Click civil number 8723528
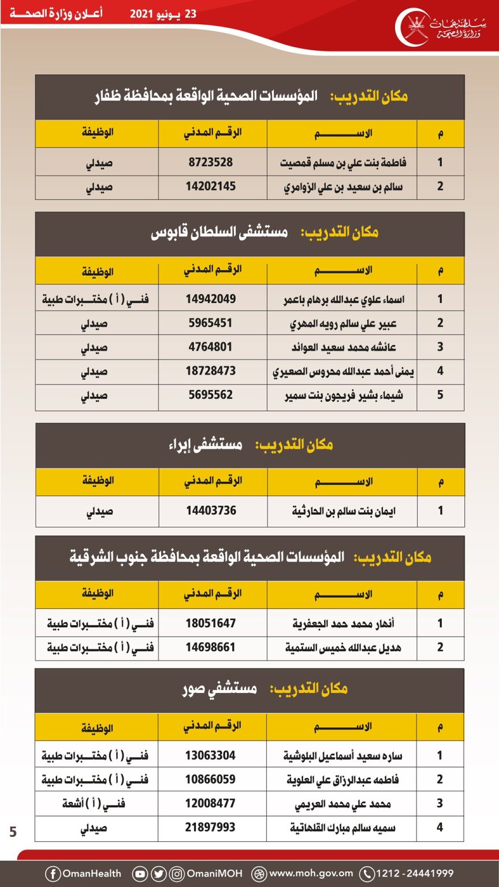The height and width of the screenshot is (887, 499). tap(211, 162)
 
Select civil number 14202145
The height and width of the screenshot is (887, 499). tap(211, 187)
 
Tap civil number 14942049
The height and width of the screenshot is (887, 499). tap(211, 299)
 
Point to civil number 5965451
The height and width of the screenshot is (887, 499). tap(211, 323)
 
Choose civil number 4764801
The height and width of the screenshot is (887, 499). tap(211, 347)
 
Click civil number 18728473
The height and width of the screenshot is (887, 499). tap(211, 371)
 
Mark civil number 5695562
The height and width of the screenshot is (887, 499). tap(211, 396)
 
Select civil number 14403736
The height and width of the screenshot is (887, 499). tap(211, 510)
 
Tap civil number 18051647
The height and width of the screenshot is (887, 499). tap(211, 623)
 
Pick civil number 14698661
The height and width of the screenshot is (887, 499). tap(211, 647)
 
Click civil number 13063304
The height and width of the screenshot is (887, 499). tap(211, 755)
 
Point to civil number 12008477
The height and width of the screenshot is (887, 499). tap(211, 803)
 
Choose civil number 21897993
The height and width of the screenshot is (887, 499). tap(211, 828)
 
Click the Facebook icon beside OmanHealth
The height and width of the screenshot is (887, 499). tap(53, 873)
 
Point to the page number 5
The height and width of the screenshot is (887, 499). tap(13, 832)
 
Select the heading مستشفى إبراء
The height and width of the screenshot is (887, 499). tap(210, 445)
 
